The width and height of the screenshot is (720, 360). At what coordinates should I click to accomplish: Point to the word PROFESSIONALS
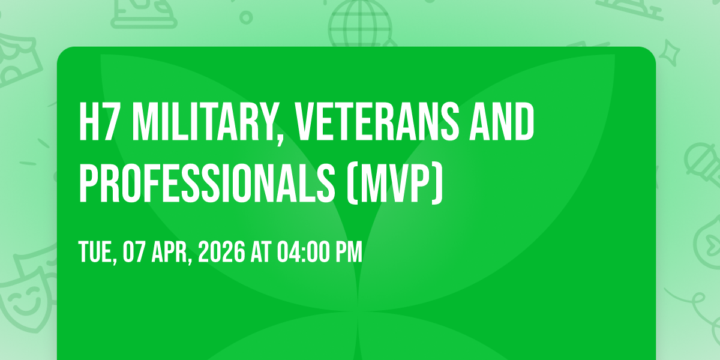[207, 183]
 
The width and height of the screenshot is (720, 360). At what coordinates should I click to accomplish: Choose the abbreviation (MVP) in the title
[395, 183]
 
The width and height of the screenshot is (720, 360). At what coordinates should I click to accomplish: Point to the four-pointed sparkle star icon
[670, 53]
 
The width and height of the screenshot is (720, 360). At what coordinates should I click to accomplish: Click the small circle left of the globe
[246, 17]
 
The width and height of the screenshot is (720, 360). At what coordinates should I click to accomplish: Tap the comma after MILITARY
[280, 139]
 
